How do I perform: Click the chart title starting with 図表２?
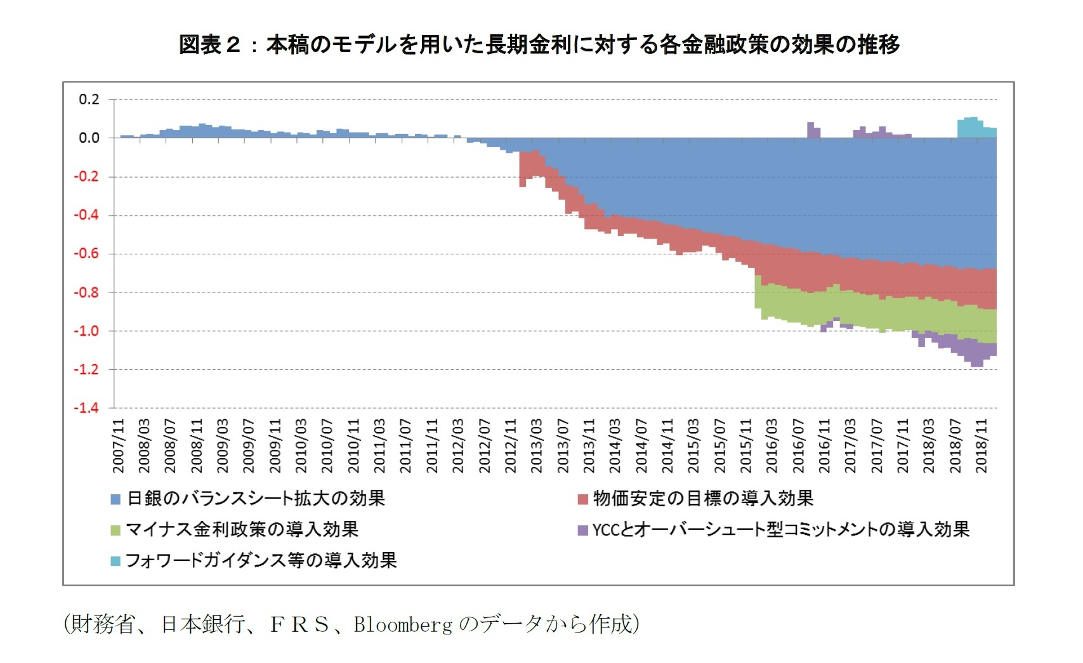pyautogui.click(x=539, y=44)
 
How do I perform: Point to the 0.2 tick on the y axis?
pyautogui.click(x=89, y=100)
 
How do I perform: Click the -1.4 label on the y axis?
pyautogui.click(x=87, y=408)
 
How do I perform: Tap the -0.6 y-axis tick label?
pyautogui.click(x=87, y=254)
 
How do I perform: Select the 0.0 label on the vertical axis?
pyautogui.click(x=89, y=138)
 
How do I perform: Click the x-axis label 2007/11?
pyautogui.click(x=119, y=445)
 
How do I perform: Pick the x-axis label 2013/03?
pyautogui.click(x=537, y=445)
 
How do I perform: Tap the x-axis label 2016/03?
pyautogui.click(x=772, y=445)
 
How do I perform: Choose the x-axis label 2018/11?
pyautogui.click(x=981, y=445)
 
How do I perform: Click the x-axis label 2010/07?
pyautogui.click(x=327, y=445)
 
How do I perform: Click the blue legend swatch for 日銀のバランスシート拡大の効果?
pyautogui.click(x=115, y=499)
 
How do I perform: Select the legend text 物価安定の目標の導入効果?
pyautogui.click(x=703, y=499)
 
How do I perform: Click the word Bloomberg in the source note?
pyautogui.click(x=402, y=624)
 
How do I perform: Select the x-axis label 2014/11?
pyautogui.click(x=667, y=445)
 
